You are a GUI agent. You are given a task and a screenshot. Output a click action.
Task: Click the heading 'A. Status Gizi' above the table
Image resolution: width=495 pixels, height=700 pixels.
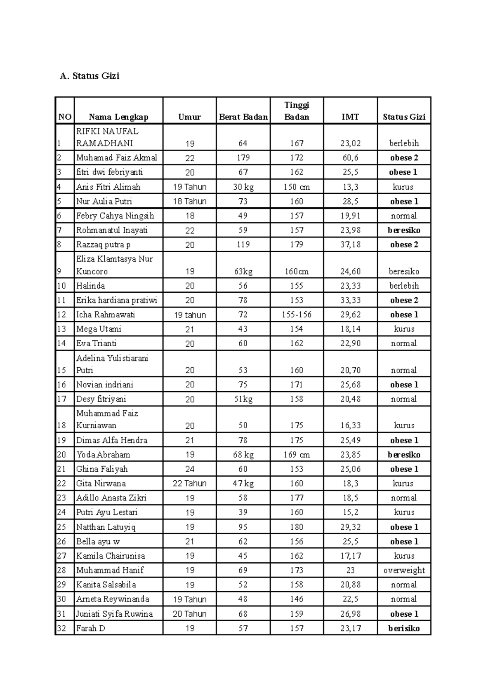coord(90,76)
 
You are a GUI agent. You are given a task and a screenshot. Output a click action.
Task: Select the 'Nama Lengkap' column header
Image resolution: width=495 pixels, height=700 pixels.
coord(118,117)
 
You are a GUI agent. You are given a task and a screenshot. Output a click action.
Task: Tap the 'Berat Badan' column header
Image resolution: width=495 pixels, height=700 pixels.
coord(243,117)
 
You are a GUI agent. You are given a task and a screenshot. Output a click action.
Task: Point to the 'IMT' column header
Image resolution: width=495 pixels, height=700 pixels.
coord(350,117)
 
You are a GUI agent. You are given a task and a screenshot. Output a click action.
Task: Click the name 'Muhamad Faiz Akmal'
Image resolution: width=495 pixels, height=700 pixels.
coord(116,158)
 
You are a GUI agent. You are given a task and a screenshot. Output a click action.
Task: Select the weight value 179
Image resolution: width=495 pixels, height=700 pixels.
coord(243,158)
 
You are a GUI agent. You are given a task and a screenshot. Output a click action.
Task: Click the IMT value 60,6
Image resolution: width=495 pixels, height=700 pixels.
coord(350,158)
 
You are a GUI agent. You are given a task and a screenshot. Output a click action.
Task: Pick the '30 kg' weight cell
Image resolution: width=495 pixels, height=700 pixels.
coord(243,187)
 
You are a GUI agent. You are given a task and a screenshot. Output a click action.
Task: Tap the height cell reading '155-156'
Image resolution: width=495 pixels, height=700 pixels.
coord(297,315)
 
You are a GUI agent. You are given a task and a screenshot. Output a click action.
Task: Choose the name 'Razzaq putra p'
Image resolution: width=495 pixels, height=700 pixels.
coord(103,245)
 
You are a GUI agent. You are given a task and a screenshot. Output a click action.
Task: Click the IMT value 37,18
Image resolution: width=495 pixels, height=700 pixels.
coord(350,245)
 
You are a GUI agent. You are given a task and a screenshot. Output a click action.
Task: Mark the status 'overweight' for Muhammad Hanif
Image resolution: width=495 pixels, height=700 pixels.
coord(404,571)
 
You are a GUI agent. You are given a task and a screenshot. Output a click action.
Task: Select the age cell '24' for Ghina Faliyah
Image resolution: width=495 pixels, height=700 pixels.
coord(190,469)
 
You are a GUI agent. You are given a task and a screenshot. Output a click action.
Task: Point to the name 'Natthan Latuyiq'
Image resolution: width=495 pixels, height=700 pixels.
coord(106,527)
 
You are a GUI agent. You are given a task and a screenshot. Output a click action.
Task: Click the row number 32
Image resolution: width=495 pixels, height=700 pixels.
coord(61,629)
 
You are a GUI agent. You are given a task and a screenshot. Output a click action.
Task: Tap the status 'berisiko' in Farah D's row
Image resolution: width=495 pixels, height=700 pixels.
coord(404,629)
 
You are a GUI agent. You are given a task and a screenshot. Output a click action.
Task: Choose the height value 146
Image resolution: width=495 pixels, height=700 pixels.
coord(297,599)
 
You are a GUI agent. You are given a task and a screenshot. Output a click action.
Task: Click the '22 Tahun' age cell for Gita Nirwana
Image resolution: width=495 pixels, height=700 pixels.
coord(190,484)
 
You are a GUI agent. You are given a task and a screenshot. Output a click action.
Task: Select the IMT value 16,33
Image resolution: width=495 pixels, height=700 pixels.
coord(350,425)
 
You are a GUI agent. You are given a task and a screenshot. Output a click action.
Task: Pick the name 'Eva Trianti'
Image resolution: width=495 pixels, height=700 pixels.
coord(96,343)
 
